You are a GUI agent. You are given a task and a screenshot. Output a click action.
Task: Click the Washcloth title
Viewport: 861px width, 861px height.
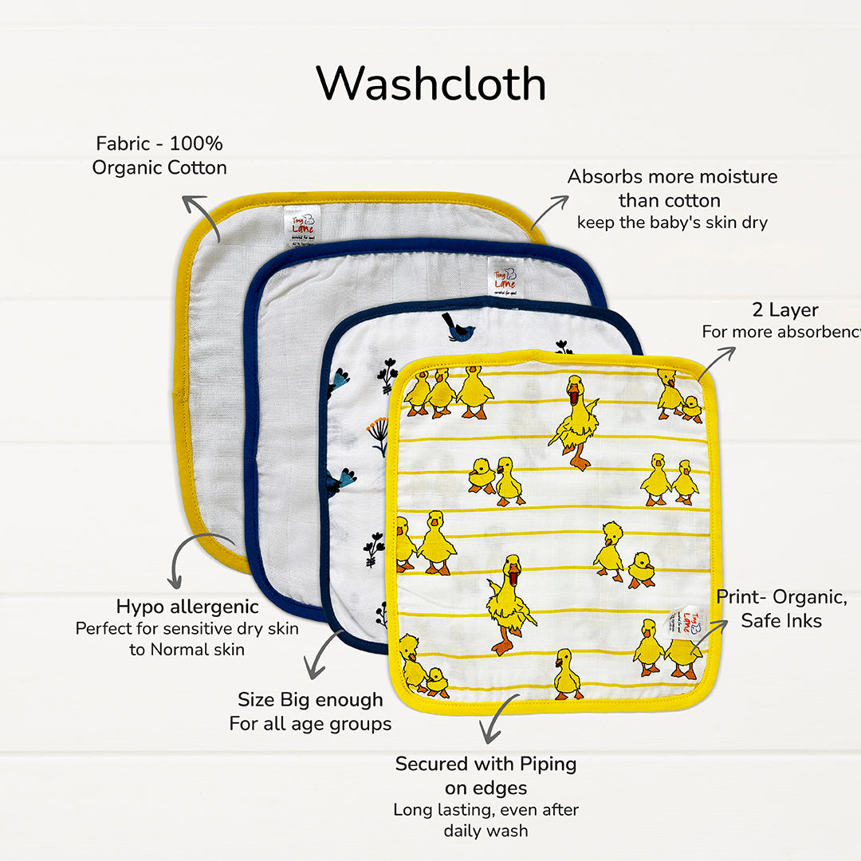coord(431,84)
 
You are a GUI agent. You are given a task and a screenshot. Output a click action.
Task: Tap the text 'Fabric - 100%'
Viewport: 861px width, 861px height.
coord(159,144)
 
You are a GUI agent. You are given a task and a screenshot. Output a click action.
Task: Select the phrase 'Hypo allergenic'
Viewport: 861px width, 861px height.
coord(187,607)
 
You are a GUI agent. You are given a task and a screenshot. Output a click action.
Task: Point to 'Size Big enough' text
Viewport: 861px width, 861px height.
coord(310,700)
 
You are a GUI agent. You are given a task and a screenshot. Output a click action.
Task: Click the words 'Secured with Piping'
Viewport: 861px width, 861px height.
coord(486,764)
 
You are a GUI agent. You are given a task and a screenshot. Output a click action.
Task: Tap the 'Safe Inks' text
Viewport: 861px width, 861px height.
coord(780,620)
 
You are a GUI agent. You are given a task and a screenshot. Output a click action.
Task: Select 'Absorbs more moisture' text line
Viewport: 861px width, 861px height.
coord(672,177)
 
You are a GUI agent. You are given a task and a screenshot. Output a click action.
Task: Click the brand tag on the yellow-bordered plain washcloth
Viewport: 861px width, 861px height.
coord(302,225)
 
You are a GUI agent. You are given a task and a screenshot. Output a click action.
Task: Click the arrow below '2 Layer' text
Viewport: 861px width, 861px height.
coord(715,363)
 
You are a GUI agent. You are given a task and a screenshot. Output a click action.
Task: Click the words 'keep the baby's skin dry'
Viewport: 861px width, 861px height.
coord(672,222)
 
